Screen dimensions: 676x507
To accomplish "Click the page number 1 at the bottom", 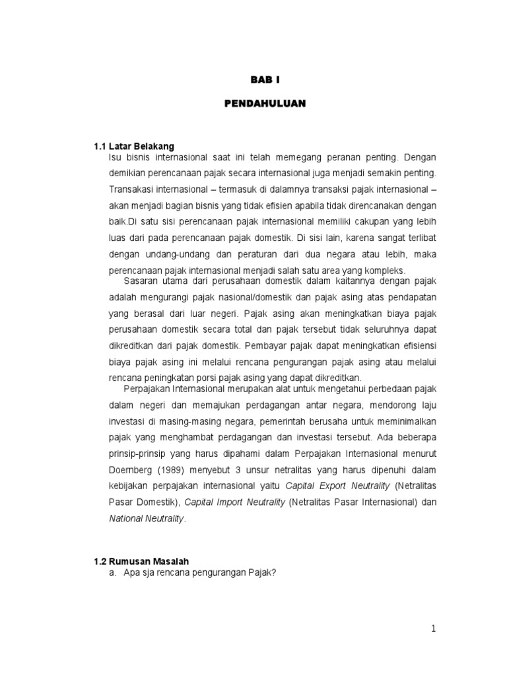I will point(433,629).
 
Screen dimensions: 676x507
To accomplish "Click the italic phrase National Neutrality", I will point(147,518).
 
